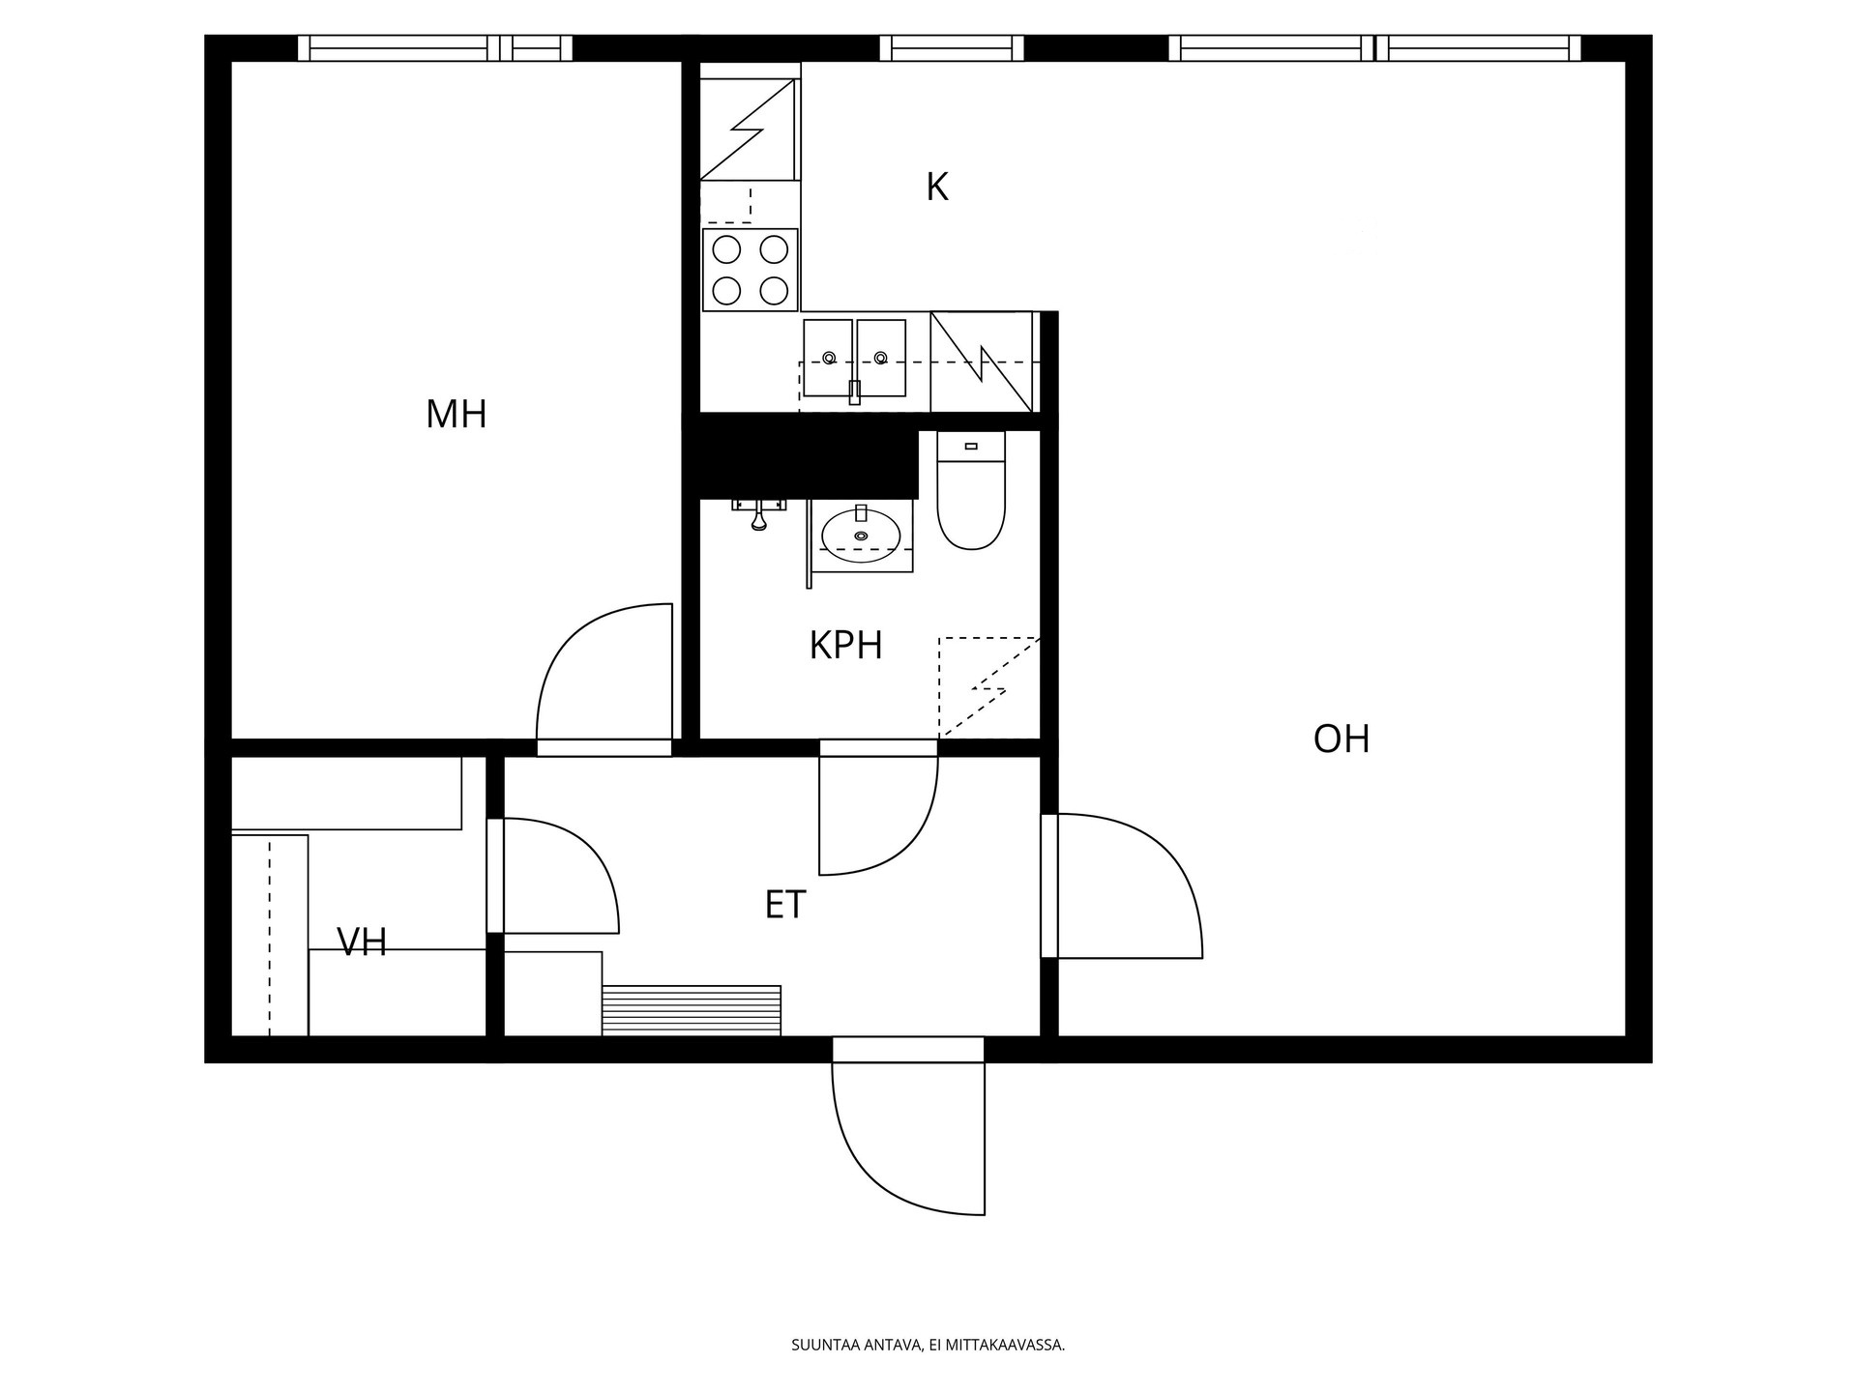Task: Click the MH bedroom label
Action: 456,415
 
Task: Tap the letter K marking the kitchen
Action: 937,188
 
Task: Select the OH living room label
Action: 1341,739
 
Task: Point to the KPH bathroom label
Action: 845,646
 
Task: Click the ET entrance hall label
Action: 785,906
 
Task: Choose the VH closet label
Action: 362,942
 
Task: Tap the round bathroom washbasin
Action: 861,535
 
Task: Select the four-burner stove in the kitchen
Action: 751,270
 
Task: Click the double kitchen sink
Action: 855,358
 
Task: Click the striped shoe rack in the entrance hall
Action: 692,1010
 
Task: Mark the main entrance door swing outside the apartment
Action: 908,1138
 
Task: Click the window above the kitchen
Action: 952,47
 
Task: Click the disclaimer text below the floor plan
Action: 928,1345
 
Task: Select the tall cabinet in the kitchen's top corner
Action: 751,129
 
